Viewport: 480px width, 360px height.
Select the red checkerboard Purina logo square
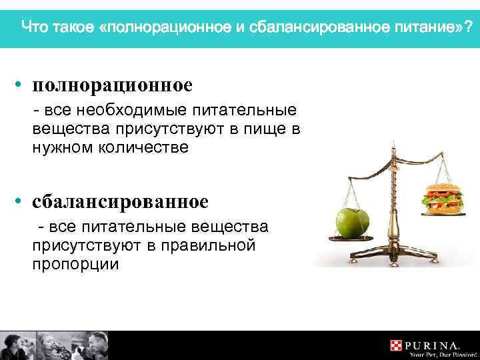point(397,345)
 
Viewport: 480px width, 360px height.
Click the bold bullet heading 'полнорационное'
point(113,85)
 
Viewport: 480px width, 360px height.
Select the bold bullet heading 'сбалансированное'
point(121,201)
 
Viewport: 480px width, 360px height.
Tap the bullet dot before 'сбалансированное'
point(22,201)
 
